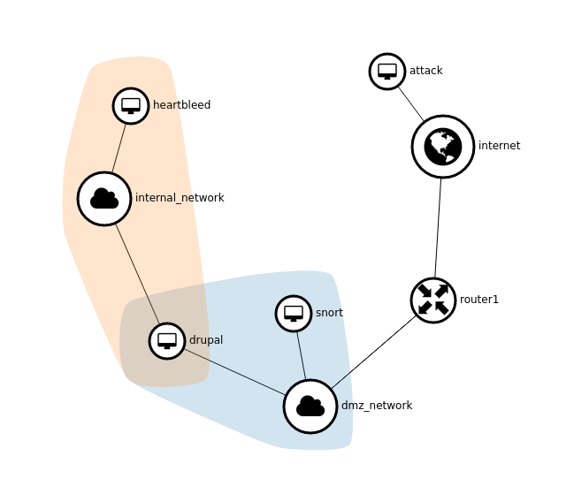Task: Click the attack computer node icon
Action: (387, 72)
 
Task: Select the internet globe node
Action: (443, 147)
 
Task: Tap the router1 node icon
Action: (433, 300)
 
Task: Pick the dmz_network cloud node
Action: (310, 407)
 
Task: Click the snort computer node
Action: (294, 314)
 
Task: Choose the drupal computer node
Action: (167, 341)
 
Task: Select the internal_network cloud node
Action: (104, 199)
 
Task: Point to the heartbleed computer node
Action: (131, 106)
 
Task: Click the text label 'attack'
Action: (425, 71)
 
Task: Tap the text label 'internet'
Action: (499, 146)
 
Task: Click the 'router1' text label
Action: (479, 300)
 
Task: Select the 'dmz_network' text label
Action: (377, 406)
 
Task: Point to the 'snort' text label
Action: (329, 313)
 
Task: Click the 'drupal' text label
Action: (206, 340)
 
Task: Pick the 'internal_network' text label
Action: (180, 198)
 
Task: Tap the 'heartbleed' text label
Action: (181, 105)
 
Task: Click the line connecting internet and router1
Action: (438, 228)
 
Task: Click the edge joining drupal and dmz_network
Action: (234, 372)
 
